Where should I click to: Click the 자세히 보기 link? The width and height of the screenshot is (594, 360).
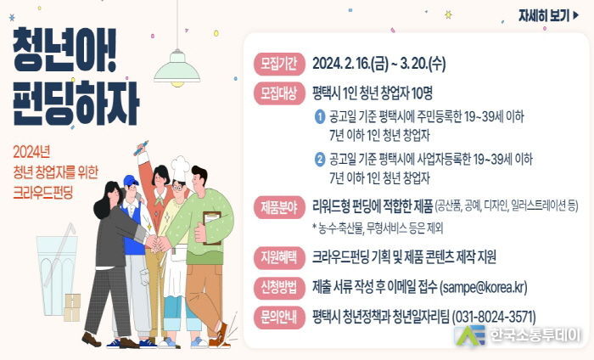point(549,16)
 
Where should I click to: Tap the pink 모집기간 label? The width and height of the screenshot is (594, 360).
point(279,64)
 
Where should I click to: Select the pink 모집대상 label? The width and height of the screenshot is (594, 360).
point(279,93)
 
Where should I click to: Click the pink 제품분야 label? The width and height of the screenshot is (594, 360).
point(279,208)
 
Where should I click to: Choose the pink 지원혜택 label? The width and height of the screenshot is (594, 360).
point(279,257)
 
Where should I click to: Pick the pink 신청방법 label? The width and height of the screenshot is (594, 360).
point(279,287)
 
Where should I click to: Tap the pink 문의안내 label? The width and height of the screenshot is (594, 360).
point(279,317)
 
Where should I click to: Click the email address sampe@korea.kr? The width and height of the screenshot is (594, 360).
point(483,287)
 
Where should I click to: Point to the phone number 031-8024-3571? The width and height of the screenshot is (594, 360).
point(494,317)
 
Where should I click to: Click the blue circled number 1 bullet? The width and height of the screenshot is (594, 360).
point(320,116)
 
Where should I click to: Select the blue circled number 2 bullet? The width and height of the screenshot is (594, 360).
point(320,159)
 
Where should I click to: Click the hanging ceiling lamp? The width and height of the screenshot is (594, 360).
point(177,66)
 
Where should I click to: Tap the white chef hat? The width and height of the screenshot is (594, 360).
point(180,168)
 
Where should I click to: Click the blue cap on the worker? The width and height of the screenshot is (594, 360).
point(131,180)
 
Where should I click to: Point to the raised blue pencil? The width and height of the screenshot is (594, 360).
point(141,148)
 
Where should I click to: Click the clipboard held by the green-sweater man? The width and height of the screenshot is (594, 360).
point(212,228)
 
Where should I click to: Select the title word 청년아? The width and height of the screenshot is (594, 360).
point(64,49)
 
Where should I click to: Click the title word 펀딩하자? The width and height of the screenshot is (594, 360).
point(76,103)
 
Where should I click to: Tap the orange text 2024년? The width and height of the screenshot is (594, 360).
point(31,152)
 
